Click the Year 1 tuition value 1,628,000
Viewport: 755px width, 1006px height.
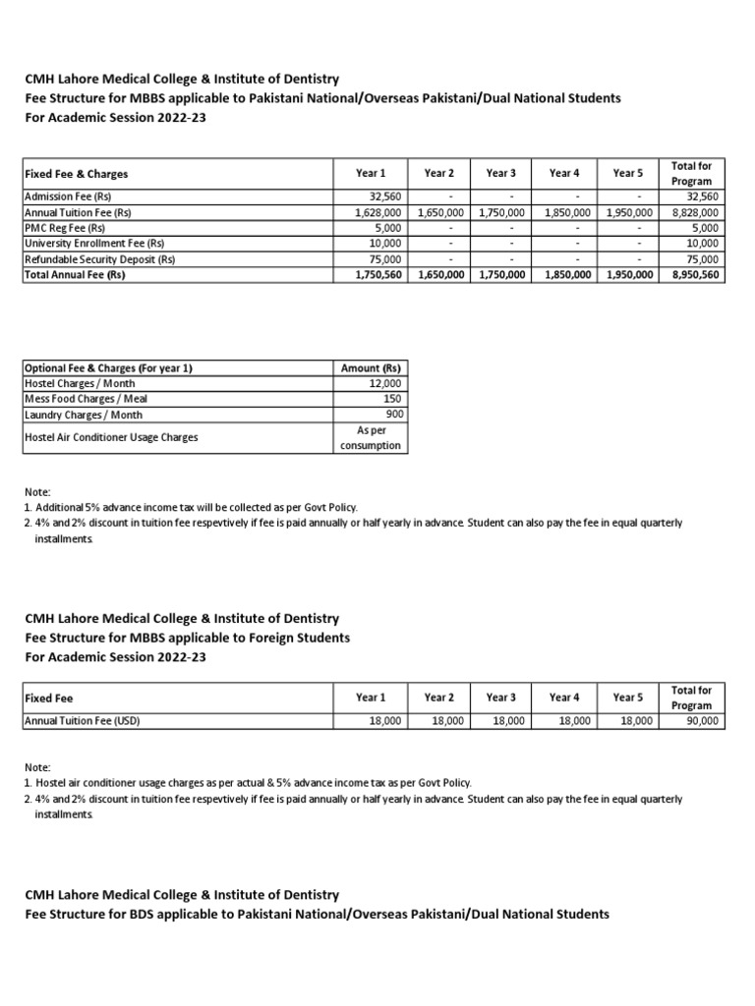point(377,212)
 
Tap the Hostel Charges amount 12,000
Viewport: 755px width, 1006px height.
point(381,383)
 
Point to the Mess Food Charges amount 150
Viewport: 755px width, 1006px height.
point(391,399)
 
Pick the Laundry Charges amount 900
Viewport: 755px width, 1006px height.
point(391,415)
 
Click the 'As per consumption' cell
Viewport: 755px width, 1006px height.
point(371,437)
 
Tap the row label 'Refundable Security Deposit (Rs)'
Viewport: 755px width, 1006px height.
point(99,259)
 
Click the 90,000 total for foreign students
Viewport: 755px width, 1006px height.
point(702,720)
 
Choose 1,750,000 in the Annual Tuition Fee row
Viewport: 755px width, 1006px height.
point(502,212)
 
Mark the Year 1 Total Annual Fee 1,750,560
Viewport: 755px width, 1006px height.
point(377,276)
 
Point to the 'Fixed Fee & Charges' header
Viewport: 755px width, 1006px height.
point(76,174)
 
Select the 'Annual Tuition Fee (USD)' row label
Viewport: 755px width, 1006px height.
point(83,720)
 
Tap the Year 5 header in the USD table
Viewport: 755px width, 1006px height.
point(627,698)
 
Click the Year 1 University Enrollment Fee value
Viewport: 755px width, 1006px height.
point(384,244)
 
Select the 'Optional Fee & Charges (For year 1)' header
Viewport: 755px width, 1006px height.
point(108,367)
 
